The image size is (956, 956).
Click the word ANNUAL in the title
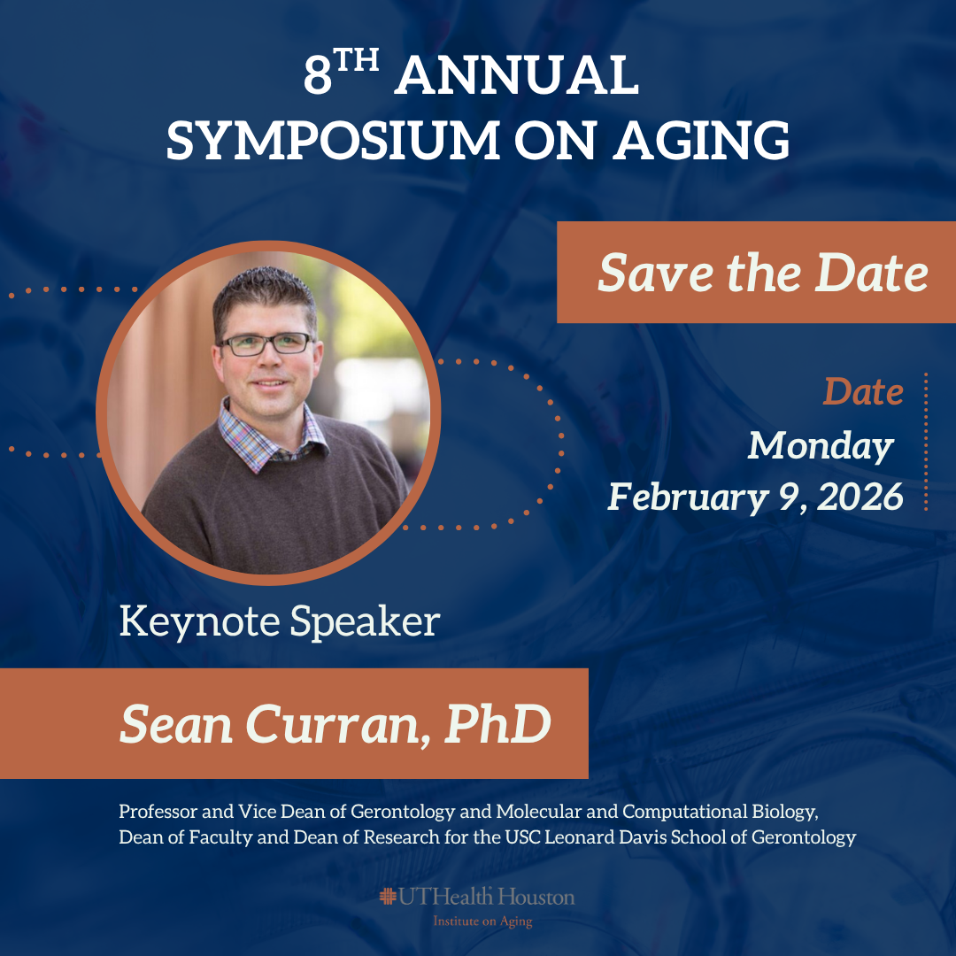point(516,75)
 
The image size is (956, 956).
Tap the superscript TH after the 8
point(356,61)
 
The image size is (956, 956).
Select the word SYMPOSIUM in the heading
point(334,140)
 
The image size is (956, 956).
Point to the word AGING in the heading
point(701,140)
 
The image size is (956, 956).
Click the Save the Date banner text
point(763,273)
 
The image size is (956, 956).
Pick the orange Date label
point(863,391)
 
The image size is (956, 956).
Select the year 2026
point(860,497)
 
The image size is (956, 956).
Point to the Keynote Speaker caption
point(279,621)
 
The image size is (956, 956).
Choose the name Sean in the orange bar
point(175,724)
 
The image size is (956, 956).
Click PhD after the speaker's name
point(497,724)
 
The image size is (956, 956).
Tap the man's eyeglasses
point(266,343)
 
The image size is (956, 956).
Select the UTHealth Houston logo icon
point(388,896)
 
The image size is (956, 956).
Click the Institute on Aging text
point(482,921)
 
